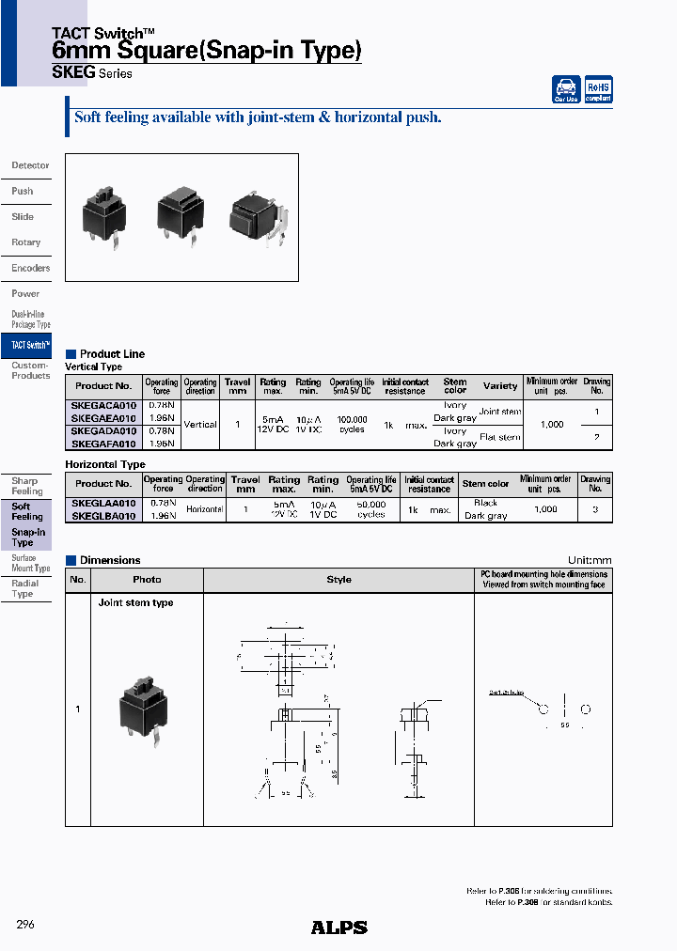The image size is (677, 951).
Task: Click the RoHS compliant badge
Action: (x=599, y=89)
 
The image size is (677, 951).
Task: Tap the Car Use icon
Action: (x=566, y=89)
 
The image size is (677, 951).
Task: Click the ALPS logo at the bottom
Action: (x=338, y=928)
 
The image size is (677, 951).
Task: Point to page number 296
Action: (x=25, y=925)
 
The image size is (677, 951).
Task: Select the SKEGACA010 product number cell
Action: (x=103, y=405)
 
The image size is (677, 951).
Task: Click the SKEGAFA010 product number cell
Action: (x=103, y=444)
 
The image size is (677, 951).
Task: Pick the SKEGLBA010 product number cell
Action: (x=103, y=516)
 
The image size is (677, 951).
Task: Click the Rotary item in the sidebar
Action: (x=26, y=242)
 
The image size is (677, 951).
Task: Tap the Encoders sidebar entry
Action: (x=30, y=268)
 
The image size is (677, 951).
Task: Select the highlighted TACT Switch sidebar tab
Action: (x=27, y=345)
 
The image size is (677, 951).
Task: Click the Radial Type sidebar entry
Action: (x=24, y=588)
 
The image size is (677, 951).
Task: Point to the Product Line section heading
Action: (x=112, y=354)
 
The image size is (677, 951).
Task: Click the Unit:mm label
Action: (x=590, y=560)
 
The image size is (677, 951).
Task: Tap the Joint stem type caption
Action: (x=135, y=603)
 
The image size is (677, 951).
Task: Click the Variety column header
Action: (x=500, y=385)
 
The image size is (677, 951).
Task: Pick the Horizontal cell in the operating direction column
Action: (x=204, y=509)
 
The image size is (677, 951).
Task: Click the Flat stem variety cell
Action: (x=499, y=437)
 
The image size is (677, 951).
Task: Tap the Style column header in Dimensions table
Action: (x=338, y=580)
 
